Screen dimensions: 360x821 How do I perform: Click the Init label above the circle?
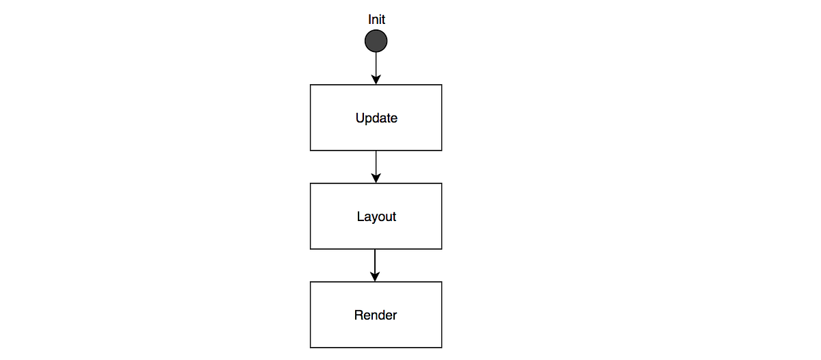pyautogui.click(x=376, y=20)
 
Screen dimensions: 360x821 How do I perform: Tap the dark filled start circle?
pyautogui.click(x=376, y=41)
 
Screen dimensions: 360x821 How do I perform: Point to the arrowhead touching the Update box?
pyautogui.click(x=376, y=80)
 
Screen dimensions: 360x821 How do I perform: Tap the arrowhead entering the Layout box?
pyautogui.click(x=376, y=179)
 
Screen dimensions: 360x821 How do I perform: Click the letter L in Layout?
pyautogui.click(x=360, y=217)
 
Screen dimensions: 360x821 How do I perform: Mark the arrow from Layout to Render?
pyautogui.click(x=375, y=264)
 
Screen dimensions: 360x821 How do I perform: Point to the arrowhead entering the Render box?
pyautogui.click(x=375, y=277)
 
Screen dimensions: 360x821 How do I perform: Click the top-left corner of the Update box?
pyautogui.click(x=311, y=85)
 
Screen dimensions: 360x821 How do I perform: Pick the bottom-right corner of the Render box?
pyautogui.click(x=442, y=347)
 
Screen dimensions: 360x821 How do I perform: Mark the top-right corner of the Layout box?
pyautogui.click(x=442, y=183)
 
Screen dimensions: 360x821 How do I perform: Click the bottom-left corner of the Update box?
pyautogui.click(x=311, y=150)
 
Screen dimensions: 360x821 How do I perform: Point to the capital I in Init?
pyautogui.click(x=369, y=20)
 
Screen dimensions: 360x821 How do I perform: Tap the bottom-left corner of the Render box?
pyautogui.click(x=311, y=347)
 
